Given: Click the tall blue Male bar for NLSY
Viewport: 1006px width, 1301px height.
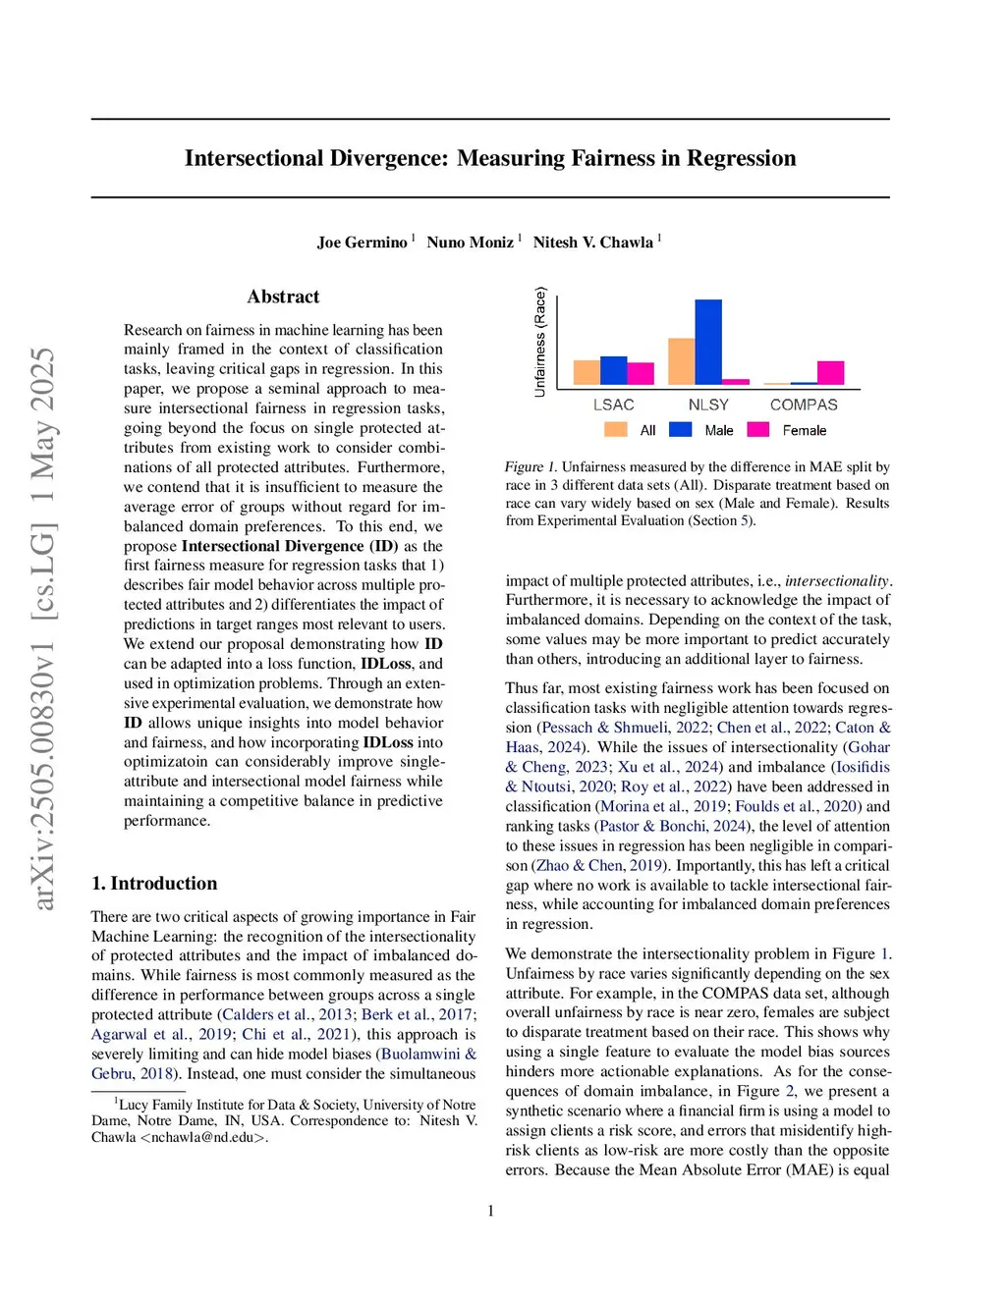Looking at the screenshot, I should (x=707, y=342).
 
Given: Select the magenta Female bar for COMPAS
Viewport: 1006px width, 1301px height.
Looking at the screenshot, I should (x=830, y=373).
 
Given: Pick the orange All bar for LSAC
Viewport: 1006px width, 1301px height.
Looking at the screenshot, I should (x=587, y=372).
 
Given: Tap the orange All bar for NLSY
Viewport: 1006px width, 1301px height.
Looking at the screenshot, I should (x=681, y=361).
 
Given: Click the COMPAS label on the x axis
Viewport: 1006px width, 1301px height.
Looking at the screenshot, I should (x=804, y=405).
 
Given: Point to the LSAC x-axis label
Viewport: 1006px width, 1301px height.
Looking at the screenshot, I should (x=613, y=405).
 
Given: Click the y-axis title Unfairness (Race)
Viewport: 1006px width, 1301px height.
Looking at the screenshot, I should (x=539, y=342).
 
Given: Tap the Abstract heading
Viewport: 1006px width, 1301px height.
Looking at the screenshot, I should (x=283, y=297).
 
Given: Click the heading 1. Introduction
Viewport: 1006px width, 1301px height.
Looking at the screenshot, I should (x=154, y=883).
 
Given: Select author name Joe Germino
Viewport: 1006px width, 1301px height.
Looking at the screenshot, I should (x=362, y=243).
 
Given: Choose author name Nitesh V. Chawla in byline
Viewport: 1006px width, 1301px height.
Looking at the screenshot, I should (x=592, y=243).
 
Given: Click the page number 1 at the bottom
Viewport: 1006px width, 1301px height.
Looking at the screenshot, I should (x=491, y=1211).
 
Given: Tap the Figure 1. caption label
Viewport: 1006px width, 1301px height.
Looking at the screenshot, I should (x=531, y=467).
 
